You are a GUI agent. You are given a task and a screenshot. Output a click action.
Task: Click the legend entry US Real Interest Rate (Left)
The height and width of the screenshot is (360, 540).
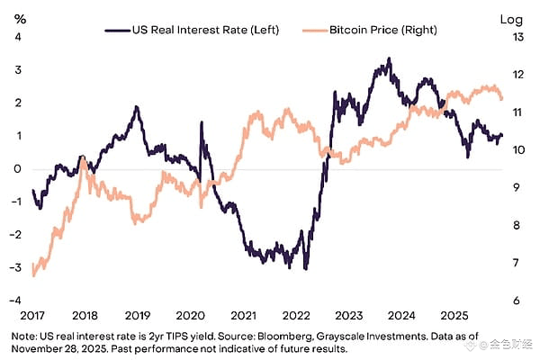pos(193,30)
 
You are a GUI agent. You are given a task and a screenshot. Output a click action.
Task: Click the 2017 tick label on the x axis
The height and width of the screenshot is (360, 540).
pos(32,317)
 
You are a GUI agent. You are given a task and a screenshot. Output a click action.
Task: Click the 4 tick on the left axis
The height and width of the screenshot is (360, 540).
pos(15,37)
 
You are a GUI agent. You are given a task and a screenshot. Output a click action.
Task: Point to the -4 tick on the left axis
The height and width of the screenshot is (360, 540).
pos(13,300)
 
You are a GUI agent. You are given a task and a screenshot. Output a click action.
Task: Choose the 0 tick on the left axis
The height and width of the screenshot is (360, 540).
pos(15,168)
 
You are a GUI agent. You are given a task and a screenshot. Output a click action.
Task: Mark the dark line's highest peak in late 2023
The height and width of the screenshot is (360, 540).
pos(389,59)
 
